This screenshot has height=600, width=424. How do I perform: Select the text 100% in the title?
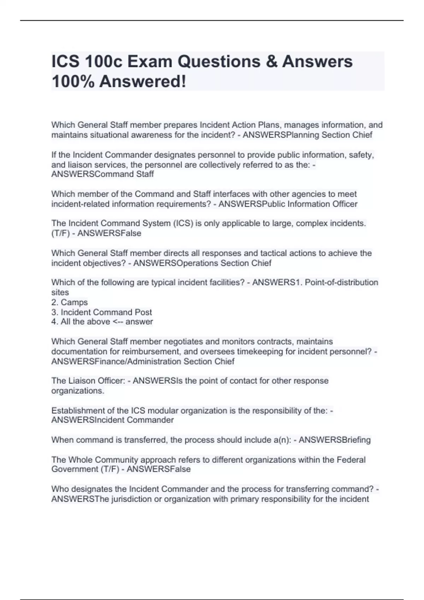pyautogui.click(x=73, y=82)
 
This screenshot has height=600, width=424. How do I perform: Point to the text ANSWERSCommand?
pyautogui.click(x=92, y=174)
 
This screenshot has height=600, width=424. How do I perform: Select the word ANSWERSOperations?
pyautogui.click(x=176, y=263)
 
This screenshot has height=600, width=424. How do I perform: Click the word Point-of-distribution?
pyautogui.click(x=341, y=282)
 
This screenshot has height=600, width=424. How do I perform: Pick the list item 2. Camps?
pyautogui.click(x=70, y=302)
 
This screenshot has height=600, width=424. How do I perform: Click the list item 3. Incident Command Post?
pyautogui.click(x=102, y=312)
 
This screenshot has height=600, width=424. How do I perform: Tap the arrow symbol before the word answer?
pyautogui.click(x=118, y=322)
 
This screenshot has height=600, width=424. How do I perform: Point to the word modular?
pyautogui.click(x=163, y=410)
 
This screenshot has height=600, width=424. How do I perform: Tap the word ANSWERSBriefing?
pyautogui.click(x=335, y=440)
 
